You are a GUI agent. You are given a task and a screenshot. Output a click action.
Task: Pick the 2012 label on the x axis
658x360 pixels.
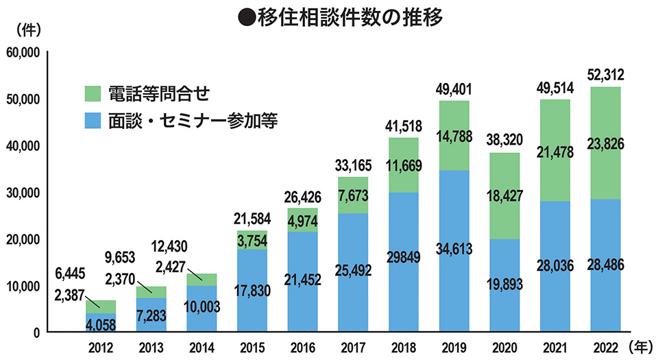click(x=101, y=346)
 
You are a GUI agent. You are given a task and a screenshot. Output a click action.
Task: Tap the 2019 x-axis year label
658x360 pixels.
click(x=453, y=346)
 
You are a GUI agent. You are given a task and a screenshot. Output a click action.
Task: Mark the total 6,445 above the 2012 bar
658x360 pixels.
click(x=69, y=273)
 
